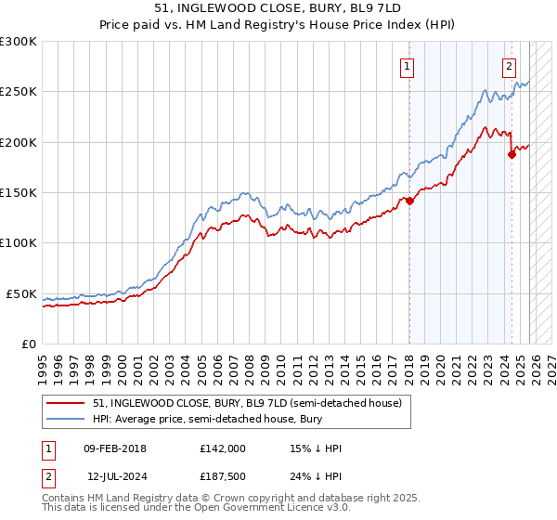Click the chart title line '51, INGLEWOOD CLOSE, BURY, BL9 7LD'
click(278, 7)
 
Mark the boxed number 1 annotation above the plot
click(408, 66)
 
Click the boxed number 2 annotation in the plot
click(510, 66)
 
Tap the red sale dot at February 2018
click(408, 201)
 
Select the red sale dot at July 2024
click(511, 155)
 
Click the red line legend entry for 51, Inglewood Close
click(246, 403)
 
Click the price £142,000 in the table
click(222, 448)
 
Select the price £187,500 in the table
click(222, 476)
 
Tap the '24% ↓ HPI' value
click(316, 476)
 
